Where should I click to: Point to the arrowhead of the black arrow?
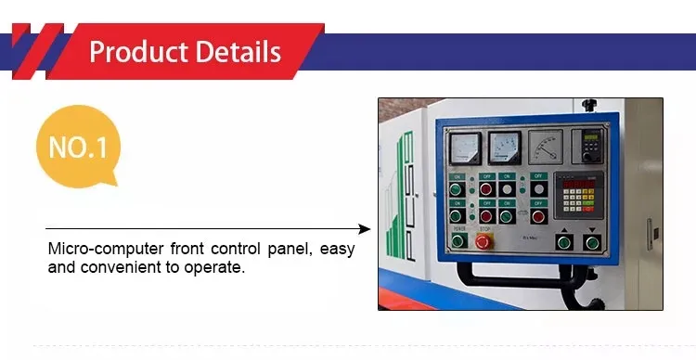365,228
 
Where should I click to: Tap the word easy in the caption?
336,250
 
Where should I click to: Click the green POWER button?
458,240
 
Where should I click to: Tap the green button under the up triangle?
564,243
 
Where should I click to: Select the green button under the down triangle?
592,243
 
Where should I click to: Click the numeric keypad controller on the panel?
578,198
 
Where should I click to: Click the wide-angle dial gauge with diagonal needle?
546,146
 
